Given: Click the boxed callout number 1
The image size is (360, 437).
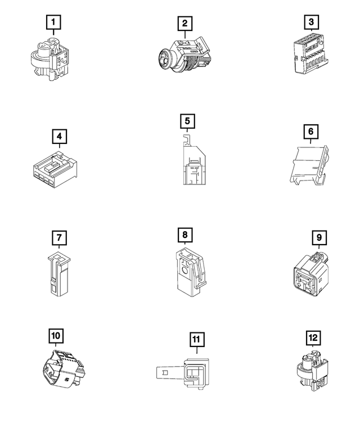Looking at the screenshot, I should click(x=53, y=22).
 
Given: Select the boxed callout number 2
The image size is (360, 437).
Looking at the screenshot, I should click(x=184, y=24).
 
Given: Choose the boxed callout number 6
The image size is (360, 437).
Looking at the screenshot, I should click(x=310, y=132).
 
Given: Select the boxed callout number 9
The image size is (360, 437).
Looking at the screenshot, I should click(x=318, y=237).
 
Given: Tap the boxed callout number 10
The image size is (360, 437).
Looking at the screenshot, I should click(x=56, y=336).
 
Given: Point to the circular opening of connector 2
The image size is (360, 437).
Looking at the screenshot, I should click(x=164, y=59).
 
